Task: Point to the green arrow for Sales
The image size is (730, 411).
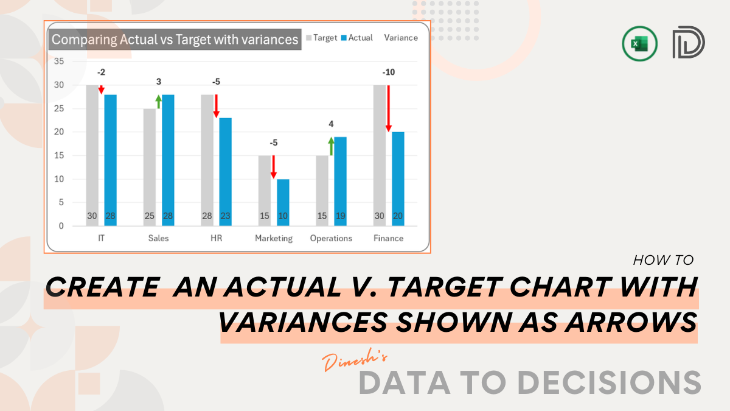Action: [x=159, y=102]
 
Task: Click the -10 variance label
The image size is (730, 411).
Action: [x=388, y=72]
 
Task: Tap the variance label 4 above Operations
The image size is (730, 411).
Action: [x=331, y=124]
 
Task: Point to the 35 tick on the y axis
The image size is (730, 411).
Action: [x=59, y=61]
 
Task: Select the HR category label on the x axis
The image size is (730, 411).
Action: [x=216, y=238]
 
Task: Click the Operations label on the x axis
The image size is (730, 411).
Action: [x=331, y=238]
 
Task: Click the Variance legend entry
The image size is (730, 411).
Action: [x=401, y=38]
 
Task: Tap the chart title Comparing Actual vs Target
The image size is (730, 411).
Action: [x=175, y=40]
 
